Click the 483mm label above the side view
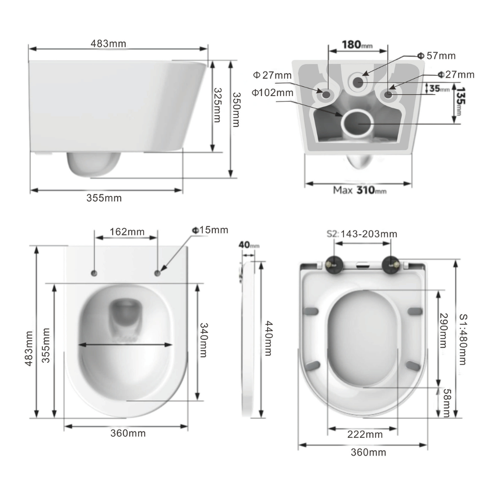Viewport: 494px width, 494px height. pyautogui.click(x=108, y=43)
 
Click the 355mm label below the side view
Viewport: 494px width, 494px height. pyautogui.click(x=104, y=198)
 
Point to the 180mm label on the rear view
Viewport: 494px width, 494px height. pyautogui.click(x=357, y=45)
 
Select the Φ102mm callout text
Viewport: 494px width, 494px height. pyautogui.click(x=273, y=92)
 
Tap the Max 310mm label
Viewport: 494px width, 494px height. pyautogui.click(x=360, y=190)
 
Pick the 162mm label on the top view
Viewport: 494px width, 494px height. pyautogui.click(x=127, y=232)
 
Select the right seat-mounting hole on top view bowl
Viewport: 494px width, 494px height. pyautogui.click(x=157, y=273)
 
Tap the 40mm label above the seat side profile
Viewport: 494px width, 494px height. pyautogui.click(x=248, y=245)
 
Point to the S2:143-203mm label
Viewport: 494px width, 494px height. pyautogui.click(x=362, y=234)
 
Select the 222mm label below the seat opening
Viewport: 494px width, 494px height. pyautogui.click(x=365, y=435)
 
